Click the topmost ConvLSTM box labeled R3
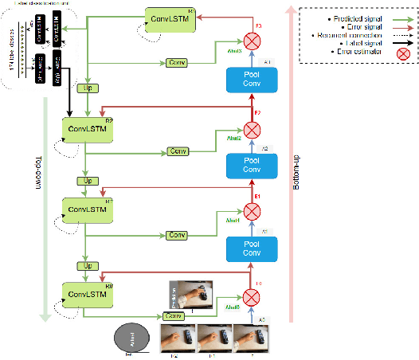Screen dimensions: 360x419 pyautogui.click(x=170, y=18)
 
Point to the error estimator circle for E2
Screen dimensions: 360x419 pyautogui.click(x=253, y=127)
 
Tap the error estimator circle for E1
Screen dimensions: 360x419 pyautogui.click(x=253, y=211)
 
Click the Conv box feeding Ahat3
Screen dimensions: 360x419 pyautogui.click(x=176, y=62)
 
